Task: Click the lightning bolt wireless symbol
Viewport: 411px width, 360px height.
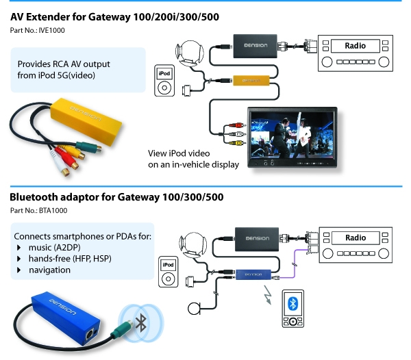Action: pyautogui.click(x=266, y=298)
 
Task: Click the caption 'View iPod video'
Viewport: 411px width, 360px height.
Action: pyautogui.click(x=179, y=153)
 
